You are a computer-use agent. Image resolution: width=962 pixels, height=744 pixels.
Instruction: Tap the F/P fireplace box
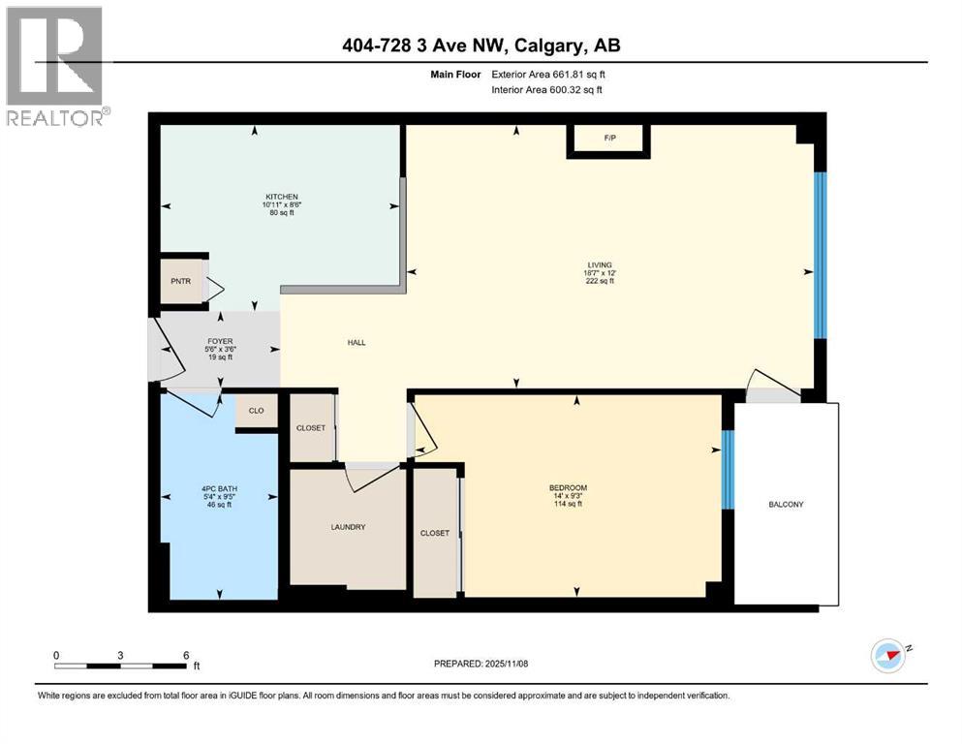609,139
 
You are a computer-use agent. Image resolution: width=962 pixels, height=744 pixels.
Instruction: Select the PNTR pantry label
181,282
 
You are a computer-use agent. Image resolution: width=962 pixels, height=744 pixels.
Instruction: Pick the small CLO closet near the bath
256,411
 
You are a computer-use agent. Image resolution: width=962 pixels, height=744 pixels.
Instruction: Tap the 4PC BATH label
217,488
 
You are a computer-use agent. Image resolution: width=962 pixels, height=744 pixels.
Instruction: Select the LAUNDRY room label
347,527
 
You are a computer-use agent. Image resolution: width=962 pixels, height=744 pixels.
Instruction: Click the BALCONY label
786,505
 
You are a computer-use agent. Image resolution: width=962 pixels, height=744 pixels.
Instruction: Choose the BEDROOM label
568,487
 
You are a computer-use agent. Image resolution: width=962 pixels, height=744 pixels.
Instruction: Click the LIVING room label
605,264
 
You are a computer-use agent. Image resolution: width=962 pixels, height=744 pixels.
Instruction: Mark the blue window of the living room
820,256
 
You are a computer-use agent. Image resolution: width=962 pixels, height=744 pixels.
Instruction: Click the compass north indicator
888,655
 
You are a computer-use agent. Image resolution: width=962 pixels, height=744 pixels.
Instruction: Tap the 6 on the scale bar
185,655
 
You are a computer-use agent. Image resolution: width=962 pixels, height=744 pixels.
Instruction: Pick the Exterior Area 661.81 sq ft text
553,74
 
